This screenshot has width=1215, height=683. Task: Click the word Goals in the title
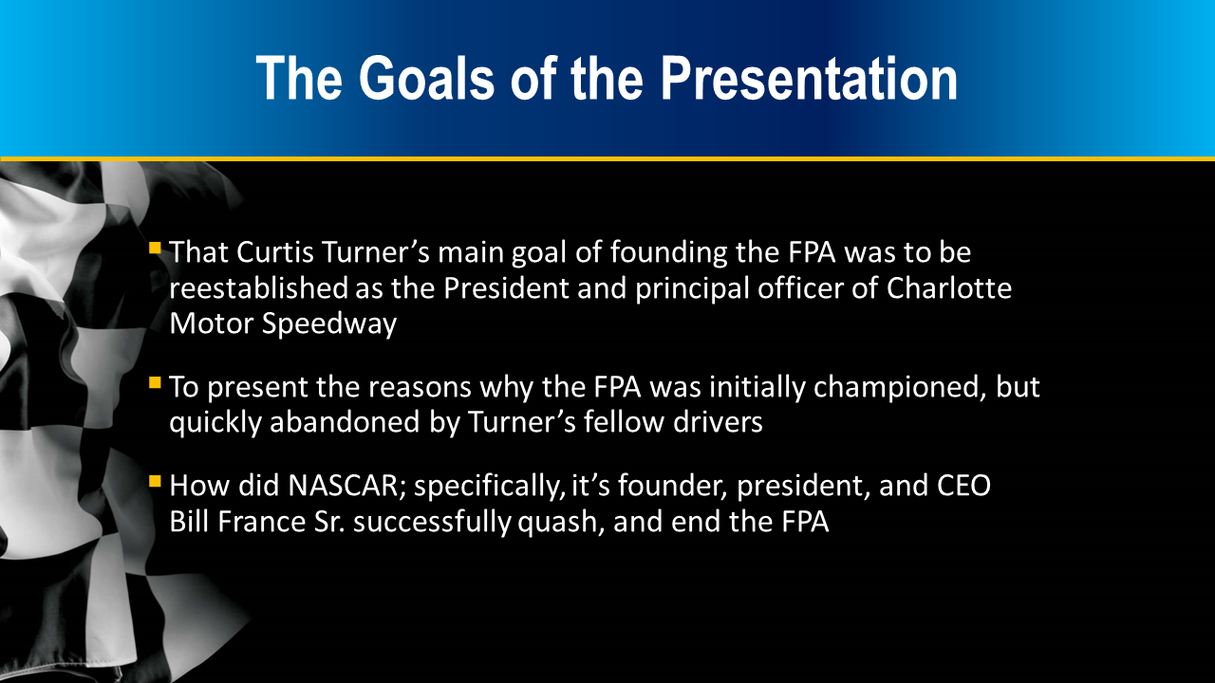426,79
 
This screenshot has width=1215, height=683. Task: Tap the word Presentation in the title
809,79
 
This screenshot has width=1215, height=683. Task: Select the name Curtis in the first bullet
275,252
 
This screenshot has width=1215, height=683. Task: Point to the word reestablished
259,287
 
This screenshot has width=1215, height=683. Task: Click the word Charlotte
949,287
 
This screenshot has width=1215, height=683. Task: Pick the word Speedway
329,324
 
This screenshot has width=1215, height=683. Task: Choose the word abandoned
345,422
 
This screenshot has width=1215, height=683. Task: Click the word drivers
719,422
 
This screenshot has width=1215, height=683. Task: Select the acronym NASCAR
347,486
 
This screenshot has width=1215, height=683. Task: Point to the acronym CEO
963,486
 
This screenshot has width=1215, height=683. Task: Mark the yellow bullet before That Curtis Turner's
155,249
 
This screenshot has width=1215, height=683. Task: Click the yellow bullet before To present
155,382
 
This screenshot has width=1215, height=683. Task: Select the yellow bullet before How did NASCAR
155,481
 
